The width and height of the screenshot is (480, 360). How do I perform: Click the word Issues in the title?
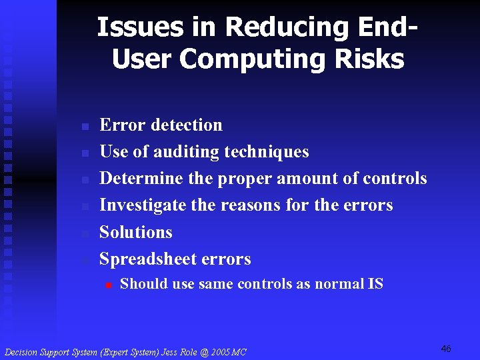(130, 27)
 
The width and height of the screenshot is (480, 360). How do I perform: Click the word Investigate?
(143, 205)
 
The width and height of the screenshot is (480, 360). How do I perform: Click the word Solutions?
(136, 232)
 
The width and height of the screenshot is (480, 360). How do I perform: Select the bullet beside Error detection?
(85, 126)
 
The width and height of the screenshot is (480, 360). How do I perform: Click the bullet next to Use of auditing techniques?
(85, 153)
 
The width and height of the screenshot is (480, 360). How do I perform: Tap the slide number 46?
(446, 349)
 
